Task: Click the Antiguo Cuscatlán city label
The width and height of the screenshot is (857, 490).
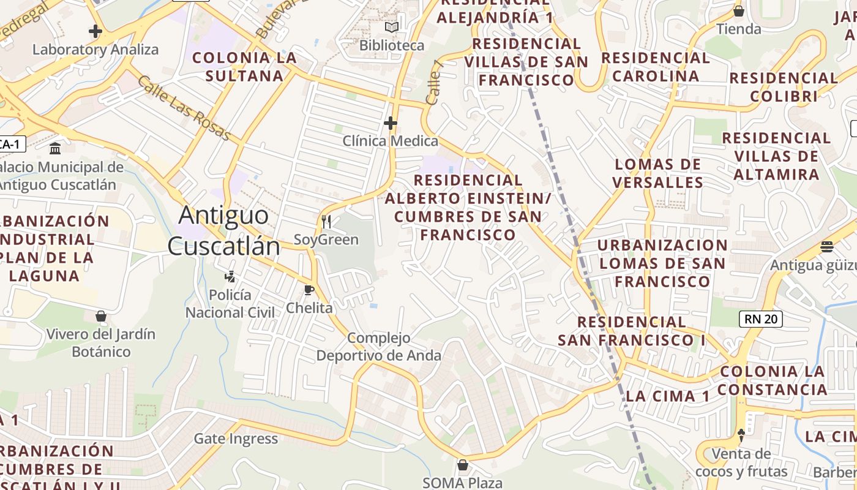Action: click(x=224, y=231)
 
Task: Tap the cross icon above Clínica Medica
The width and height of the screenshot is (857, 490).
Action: click(x=391, y=123)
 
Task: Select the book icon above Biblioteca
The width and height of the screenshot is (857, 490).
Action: click(x=391, y=28)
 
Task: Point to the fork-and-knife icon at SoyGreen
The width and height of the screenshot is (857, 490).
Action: click(x=326, y=221)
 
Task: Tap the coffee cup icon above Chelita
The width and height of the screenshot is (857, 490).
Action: click(x=309, y=290)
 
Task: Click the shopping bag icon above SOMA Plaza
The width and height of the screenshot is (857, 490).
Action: click(x=463, y=465)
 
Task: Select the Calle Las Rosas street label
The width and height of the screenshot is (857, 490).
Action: click(x=184, y=108)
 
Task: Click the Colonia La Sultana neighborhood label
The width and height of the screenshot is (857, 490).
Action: click(x=244, y=67)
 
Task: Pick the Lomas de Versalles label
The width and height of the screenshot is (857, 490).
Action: click(x=657, y=173)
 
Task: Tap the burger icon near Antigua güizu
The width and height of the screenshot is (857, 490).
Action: click(x=827, y=247)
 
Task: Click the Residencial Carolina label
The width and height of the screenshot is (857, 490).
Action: click(x=656, y=67)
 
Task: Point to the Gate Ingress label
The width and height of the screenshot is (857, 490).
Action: click(x=236, y=439)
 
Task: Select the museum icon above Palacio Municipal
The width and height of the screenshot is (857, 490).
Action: click(x=56, y=148)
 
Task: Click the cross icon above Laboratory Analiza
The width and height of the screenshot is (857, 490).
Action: click(x=95, y=31)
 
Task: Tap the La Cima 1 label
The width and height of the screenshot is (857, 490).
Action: click(x=667, y=396)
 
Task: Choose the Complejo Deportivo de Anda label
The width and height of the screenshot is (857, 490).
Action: click(x=378, y=346)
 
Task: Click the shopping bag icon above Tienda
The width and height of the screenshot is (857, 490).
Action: click(x=739, y=11)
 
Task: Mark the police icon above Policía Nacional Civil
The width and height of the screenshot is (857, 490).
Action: click(x=230, y=277)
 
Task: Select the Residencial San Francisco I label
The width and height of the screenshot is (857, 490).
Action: click(x=631, y=330)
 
